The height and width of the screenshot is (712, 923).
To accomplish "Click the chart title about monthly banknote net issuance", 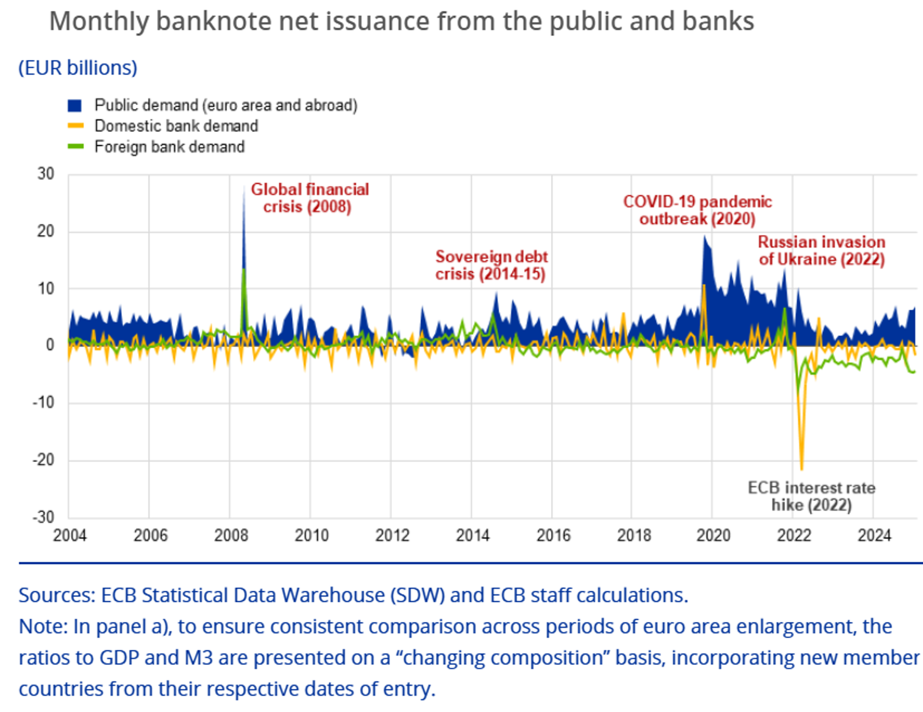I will [401, 22].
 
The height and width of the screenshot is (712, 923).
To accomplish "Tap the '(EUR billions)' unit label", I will [78, 68].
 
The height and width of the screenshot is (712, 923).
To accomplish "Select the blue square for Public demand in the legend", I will [75, 105].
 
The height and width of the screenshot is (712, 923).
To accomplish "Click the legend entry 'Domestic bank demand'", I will [176, 126].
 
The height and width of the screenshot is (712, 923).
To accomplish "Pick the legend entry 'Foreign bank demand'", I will [169, 147].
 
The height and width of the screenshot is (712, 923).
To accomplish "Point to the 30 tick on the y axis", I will [46, 174].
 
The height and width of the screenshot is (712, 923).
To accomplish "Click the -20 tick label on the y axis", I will [43, 459].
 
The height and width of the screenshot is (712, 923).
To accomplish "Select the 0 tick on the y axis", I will [50, 345].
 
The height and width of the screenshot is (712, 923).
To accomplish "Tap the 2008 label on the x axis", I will [231, 535].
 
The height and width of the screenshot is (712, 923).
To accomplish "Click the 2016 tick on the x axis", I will [553, 535].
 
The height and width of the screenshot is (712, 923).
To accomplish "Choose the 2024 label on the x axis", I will [874, 535].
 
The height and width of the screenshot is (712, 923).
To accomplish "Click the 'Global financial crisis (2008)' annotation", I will [309, 198].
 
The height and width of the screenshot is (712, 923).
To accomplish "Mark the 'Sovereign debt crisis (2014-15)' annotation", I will [491, 265].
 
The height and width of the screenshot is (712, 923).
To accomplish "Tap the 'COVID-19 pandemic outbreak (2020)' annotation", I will [697, 210].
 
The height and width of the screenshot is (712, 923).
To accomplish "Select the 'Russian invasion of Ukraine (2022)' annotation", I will [822, 250].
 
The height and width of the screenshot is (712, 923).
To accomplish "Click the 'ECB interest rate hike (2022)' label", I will [811, 496].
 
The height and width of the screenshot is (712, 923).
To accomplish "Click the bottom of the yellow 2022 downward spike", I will [801, 469].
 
